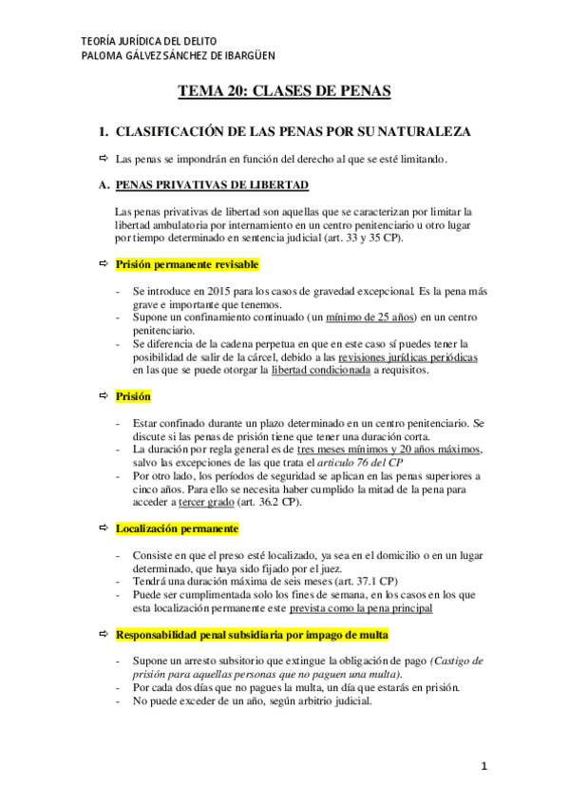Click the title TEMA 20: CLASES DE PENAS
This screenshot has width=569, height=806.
click(285, 91)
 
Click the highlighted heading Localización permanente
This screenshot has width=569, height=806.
click(177, 528)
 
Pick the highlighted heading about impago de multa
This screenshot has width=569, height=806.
click(252, 634)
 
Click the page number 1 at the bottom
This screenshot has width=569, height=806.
click(484, 766)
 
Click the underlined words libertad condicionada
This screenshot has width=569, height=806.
click(321, 370)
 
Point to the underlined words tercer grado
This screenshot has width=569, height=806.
click(193, 502)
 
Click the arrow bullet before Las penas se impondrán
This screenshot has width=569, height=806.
click(104, 158)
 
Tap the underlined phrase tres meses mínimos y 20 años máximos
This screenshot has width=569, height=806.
click(389, 449)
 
